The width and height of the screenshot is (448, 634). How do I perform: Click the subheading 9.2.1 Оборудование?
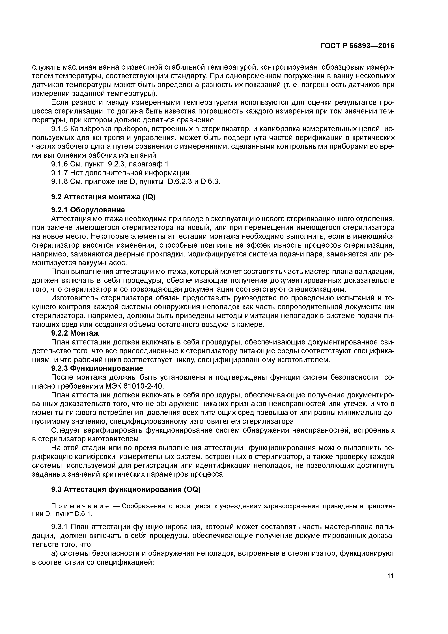click(x=88, y=210)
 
